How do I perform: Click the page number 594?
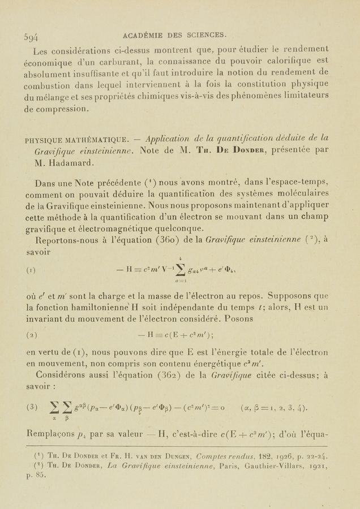tap(31, 37)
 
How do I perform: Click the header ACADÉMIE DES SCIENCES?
tap(174, 34)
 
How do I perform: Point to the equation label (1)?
tap(31, 270)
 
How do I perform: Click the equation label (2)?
tap(31, 335)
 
